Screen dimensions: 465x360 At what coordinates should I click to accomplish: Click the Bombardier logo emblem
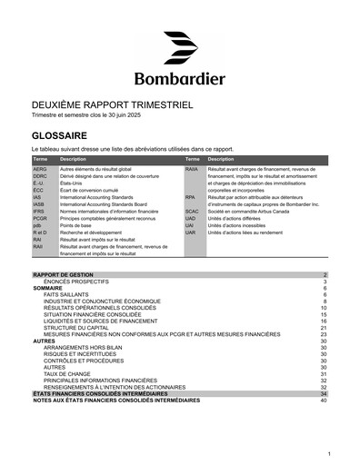coord(180,47)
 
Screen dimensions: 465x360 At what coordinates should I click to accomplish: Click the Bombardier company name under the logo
coord(180,78)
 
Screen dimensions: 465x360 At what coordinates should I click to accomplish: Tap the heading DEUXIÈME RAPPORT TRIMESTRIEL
coord(112,105)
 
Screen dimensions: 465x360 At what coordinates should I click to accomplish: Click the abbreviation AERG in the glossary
coord(40,169)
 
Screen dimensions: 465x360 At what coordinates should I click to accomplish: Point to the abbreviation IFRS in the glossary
coord(39,211)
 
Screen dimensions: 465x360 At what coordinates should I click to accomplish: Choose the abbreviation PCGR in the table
coord(41,218)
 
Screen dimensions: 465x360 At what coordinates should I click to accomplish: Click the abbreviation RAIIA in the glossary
coord(192,169)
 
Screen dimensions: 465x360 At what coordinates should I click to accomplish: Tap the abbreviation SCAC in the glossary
coord(191,211)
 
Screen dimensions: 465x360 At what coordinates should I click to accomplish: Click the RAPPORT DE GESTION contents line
coord(64,274)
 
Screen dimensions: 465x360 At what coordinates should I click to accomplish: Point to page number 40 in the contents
coord(323,400)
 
